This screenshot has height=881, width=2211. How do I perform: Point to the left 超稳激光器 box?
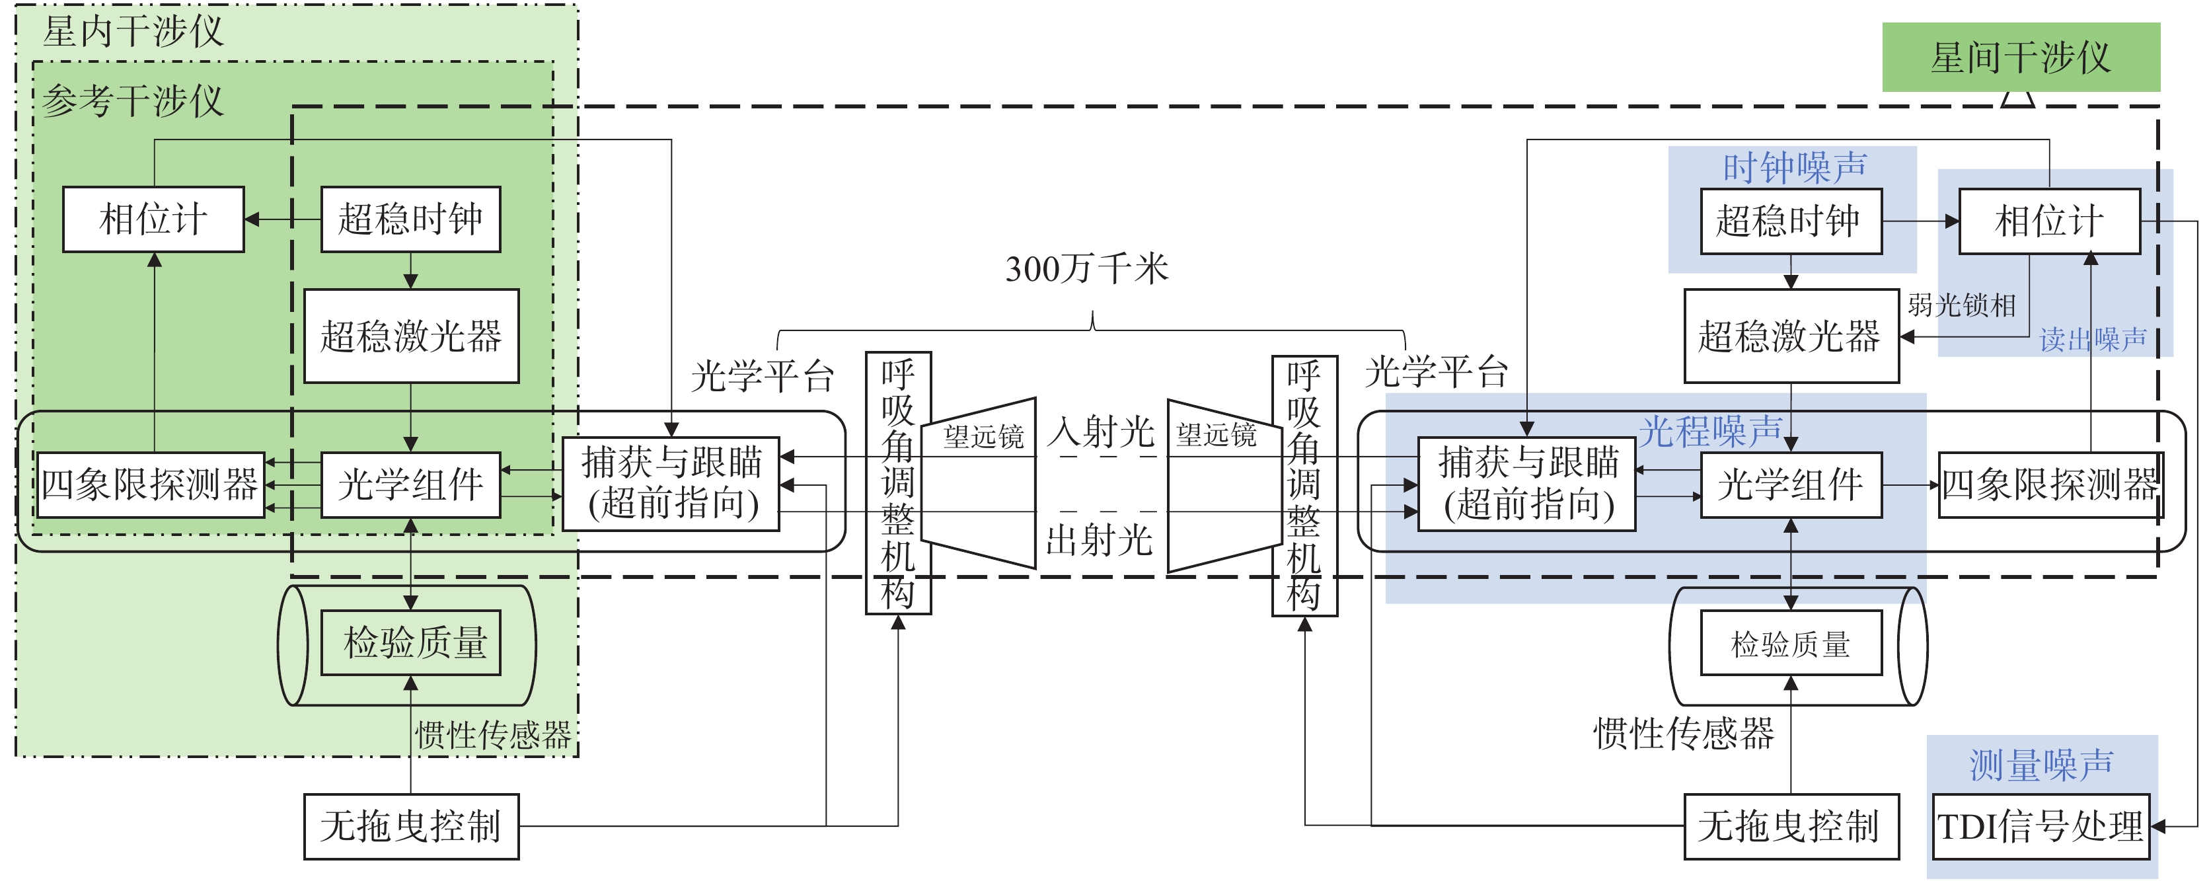pos(411,336)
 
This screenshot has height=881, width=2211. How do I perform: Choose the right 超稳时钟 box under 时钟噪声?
pos(1791,221)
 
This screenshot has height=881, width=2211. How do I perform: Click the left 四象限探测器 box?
pos(150,484)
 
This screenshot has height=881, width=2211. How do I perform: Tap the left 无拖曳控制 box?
pos(411,826)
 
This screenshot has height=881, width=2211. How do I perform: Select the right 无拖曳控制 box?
pos(1791,826)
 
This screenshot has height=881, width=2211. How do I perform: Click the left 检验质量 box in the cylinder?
pos(411,642)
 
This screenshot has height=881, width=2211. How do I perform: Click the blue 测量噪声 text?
pos(2041,764)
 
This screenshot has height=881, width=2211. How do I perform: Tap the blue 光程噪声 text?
pos(1711,431)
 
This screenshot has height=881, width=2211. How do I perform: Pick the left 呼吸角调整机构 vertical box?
pos(898,482)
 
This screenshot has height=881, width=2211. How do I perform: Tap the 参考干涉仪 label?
pos(133,101)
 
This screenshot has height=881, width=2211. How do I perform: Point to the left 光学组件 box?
pos(411,484)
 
